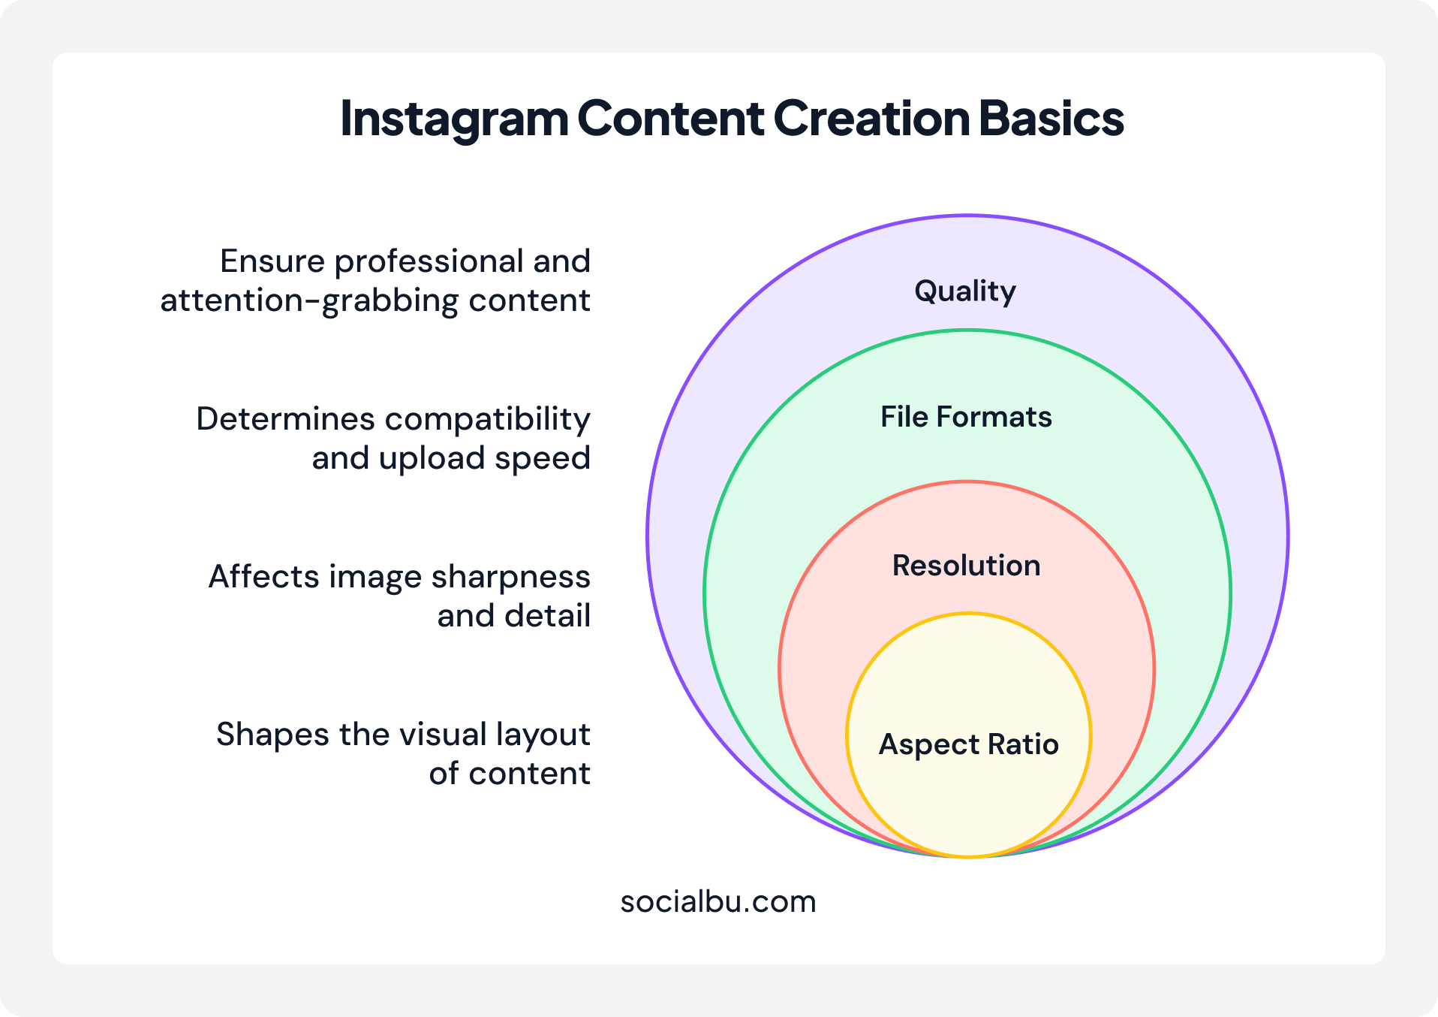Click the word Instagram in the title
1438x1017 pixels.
(454, 119)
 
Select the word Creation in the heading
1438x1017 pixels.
(871, 119)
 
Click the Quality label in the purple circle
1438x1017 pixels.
(965, 291)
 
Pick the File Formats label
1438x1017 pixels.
(966, 417)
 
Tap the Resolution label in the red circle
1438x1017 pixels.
(966, 566)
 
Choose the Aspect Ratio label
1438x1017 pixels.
(968, 744)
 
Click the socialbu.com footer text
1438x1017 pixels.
(718, 901)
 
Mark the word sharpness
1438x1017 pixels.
(510, 578)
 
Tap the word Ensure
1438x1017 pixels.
(272, 262)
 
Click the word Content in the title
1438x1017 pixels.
(670, 119)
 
